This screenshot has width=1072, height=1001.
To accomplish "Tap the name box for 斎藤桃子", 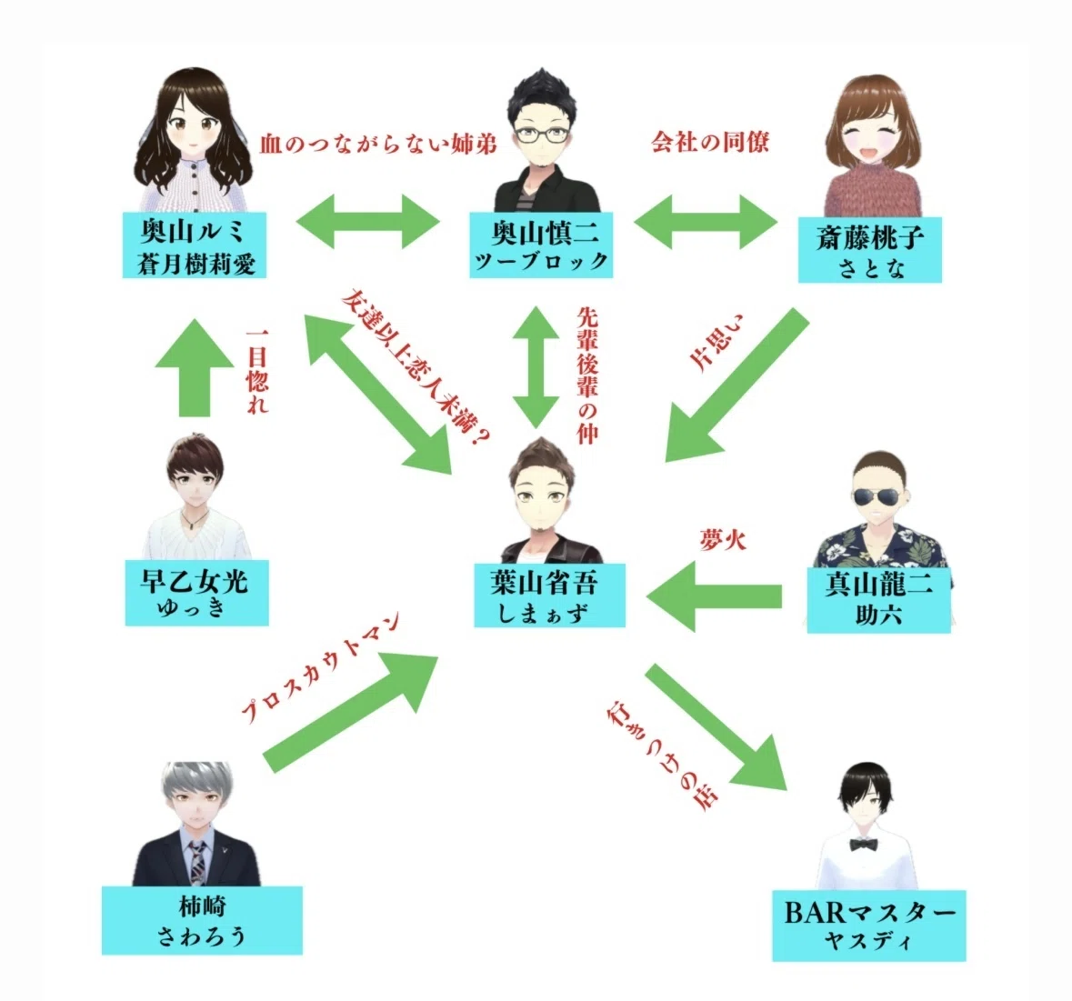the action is (869, 250).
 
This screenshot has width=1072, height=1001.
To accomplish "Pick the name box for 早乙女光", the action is (197, 593).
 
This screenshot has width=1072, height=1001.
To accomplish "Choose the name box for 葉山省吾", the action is (550, 596).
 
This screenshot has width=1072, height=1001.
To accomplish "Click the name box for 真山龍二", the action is (878, 600).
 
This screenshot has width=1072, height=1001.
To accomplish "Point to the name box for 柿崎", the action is (202, 920).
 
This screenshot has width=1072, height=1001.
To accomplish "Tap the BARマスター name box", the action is (869, 926).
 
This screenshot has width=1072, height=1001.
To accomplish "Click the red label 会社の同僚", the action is (710, 142).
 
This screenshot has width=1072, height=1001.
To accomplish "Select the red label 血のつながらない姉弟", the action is (378, 144).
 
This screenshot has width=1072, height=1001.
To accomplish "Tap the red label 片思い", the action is (716, 344).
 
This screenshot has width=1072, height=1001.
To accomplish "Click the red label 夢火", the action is (722, 540).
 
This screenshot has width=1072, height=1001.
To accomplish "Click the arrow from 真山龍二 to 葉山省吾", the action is (714, 596).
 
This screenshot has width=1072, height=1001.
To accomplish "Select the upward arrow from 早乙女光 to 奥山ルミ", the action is (195, 368).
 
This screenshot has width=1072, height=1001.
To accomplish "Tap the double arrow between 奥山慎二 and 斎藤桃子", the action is (706, 222).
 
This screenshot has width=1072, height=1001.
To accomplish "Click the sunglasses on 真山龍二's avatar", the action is (877, 495).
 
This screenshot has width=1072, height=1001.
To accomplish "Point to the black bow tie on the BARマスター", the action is (864, 846).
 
